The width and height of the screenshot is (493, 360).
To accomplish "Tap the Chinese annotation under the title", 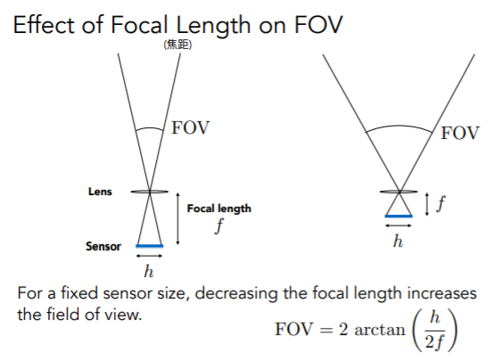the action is (177, 45).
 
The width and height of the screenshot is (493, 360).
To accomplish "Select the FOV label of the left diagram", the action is (190, 127).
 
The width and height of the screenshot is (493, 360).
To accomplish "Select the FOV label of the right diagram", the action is (460, 133).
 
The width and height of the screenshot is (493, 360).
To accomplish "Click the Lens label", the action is (100, 192).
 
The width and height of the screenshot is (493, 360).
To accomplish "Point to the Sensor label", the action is (103, 246).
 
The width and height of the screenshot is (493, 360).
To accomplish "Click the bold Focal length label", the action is (219, 209).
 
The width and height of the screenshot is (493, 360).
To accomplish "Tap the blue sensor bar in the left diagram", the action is (150, 246).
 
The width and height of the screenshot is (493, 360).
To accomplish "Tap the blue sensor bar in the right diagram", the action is (399, 217).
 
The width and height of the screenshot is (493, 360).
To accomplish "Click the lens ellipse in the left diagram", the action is (150, 192).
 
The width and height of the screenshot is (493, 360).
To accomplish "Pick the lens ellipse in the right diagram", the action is (399, 192).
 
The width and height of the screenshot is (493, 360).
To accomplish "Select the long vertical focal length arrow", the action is (178, 218).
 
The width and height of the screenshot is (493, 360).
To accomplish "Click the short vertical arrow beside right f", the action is (427, 204).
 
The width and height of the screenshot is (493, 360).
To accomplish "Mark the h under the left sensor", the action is (149, 271).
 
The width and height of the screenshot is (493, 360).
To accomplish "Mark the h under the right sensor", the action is (398, 241).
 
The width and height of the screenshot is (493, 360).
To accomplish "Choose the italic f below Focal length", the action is (220, 225).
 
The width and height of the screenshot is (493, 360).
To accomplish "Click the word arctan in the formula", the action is (380, 330).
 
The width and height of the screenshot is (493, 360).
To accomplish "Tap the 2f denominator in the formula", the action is (434, 341).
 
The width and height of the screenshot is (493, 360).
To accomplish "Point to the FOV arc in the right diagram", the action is (399, 127).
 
